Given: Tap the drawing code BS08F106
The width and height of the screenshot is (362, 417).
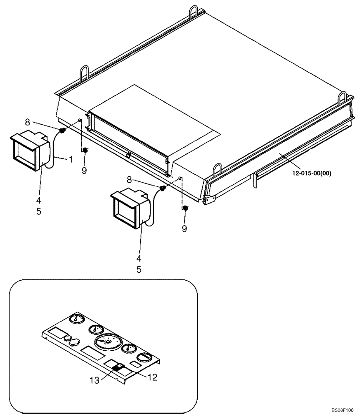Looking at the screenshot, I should [x=345, y=410].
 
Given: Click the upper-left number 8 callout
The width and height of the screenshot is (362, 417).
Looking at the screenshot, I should [x=27, y=122].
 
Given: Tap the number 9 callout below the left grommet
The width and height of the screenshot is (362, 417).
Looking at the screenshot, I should [x=84, y=171].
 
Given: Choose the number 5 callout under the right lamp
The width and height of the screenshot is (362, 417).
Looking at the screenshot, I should [x=138, y=270].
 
